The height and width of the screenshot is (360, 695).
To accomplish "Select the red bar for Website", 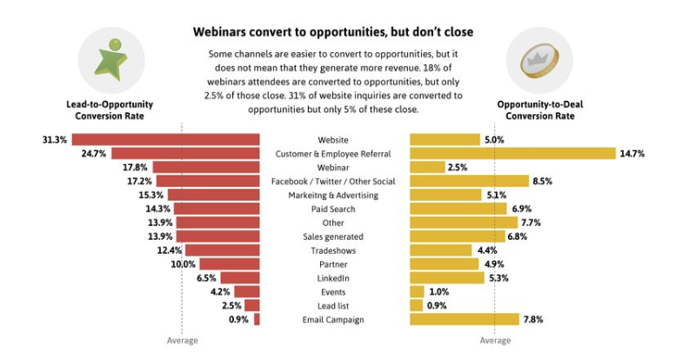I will click(x=165, y=139).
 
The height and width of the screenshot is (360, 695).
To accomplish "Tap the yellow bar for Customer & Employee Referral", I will click(x=512, y=153).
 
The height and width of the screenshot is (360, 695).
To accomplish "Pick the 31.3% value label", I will click(x=54, y=139).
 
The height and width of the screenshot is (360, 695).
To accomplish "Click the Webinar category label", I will click(x=334, y=167).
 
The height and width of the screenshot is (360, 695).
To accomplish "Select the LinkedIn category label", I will click(x=334, y=277).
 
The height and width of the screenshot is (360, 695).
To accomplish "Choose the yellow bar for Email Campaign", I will click(x=464, y=319).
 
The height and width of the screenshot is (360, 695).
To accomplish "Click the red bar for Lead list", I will click(x=251, y=305).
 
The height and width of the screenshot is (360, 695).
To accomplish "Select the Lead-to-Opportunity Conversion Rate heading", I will click(x=104, y=110).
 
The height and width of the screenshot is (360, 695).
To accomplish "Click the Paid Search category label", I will click(x=334, y=209).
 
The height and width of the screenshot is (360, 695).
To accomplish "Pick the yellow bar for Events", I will click(x=417, y=291).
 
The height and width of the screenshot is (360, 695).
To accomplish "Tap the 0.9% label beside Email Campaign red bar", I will click(x=238, y=319).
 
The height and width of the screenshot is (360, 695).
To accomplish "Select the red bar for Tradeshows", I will click(x=222, y=250).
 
